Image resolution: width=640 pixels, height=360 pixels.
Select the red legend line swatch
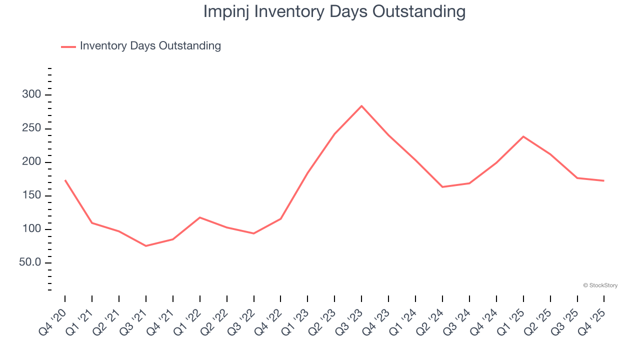(x=68, y=46)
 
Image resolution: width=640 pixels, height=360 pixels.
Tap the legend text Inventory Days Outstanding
(x=150, y=46)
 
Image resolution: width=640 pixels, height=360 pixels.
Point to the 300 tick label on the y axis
(x=31, y=95)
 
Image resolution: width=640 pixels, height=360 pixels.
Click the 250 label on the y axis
(x=31, y=129)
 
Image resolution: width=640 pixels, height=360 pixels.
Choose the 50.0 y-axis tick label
(x=29, y=263)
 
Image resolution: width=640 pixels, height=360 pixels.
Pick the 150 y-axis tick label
(x=31, y=196)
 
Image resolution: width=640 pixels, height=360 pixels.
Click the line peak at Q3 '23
(x=361, y=106)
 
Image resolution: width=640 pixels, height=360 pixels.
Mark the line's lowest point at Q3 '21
(x=146, y=246)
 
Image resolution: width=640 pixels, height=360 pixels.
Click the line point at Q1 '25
(x=523, y=136)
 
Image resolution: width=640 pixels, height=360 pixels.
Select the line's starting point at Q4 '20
(x=65, y=180)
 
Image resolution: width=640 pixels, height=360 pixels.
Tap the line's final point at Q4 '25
(x=604, y=180)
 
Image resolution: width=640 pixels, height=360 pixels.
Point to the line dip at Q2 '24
(x=442, y=187)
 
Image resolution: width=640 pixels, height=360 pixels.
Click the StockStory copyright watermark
(x=600, y=285)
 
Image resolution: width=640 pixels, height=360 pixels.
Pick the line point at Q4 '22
(x=280, y=219)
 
